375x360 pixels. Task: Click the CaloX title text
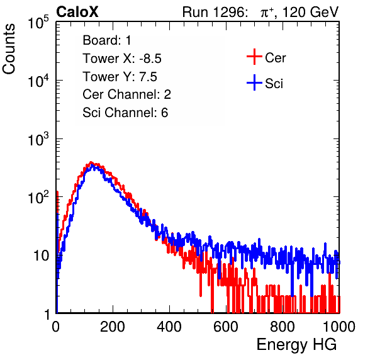click(x=77, y=12)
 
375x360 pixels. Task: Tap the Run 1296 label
click(x=215, y=12)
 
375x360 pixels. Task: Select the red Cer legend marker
click(x=254, y=57)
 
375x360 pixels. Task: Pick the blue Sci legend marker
click(x=254, y=82)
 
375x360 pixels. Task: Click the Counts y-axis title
click(x=9, y=49)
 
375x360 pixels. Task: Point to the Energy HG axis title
click(x=296, y=345)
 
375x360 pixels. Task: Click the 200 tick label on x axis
click(x=113, y=327)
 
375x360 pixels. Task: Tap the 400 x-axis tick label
click(x=169, y=327)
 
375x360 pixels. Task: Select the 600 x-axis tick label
click(x=226, y=327)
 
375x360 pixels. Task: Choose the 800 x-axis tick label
click(x=283, y=327)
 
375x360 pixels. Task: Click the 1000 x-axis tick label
click(x=339, y=327)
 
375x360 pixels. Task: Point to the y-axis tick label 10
click(x=42, y=256)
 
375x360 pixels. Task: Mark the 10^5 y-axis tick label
click(x=38, y=23)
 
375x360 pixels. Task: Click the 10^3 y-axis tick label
click(x=38, y=139)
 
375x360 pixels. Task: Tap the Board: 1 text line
click(x=107, y=40)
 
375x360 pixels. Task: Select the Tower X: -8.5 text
click(x=122, y=59)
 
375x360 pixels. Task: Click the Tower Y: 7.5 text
click(x=120, y=77)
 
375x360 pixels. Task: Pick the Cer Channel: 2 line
click(x=126, y=94)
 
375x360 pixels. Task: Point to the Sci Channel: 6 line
click(x=125, y=113)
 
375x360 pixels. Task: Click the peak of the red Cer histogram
click(x=91, y=162)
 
